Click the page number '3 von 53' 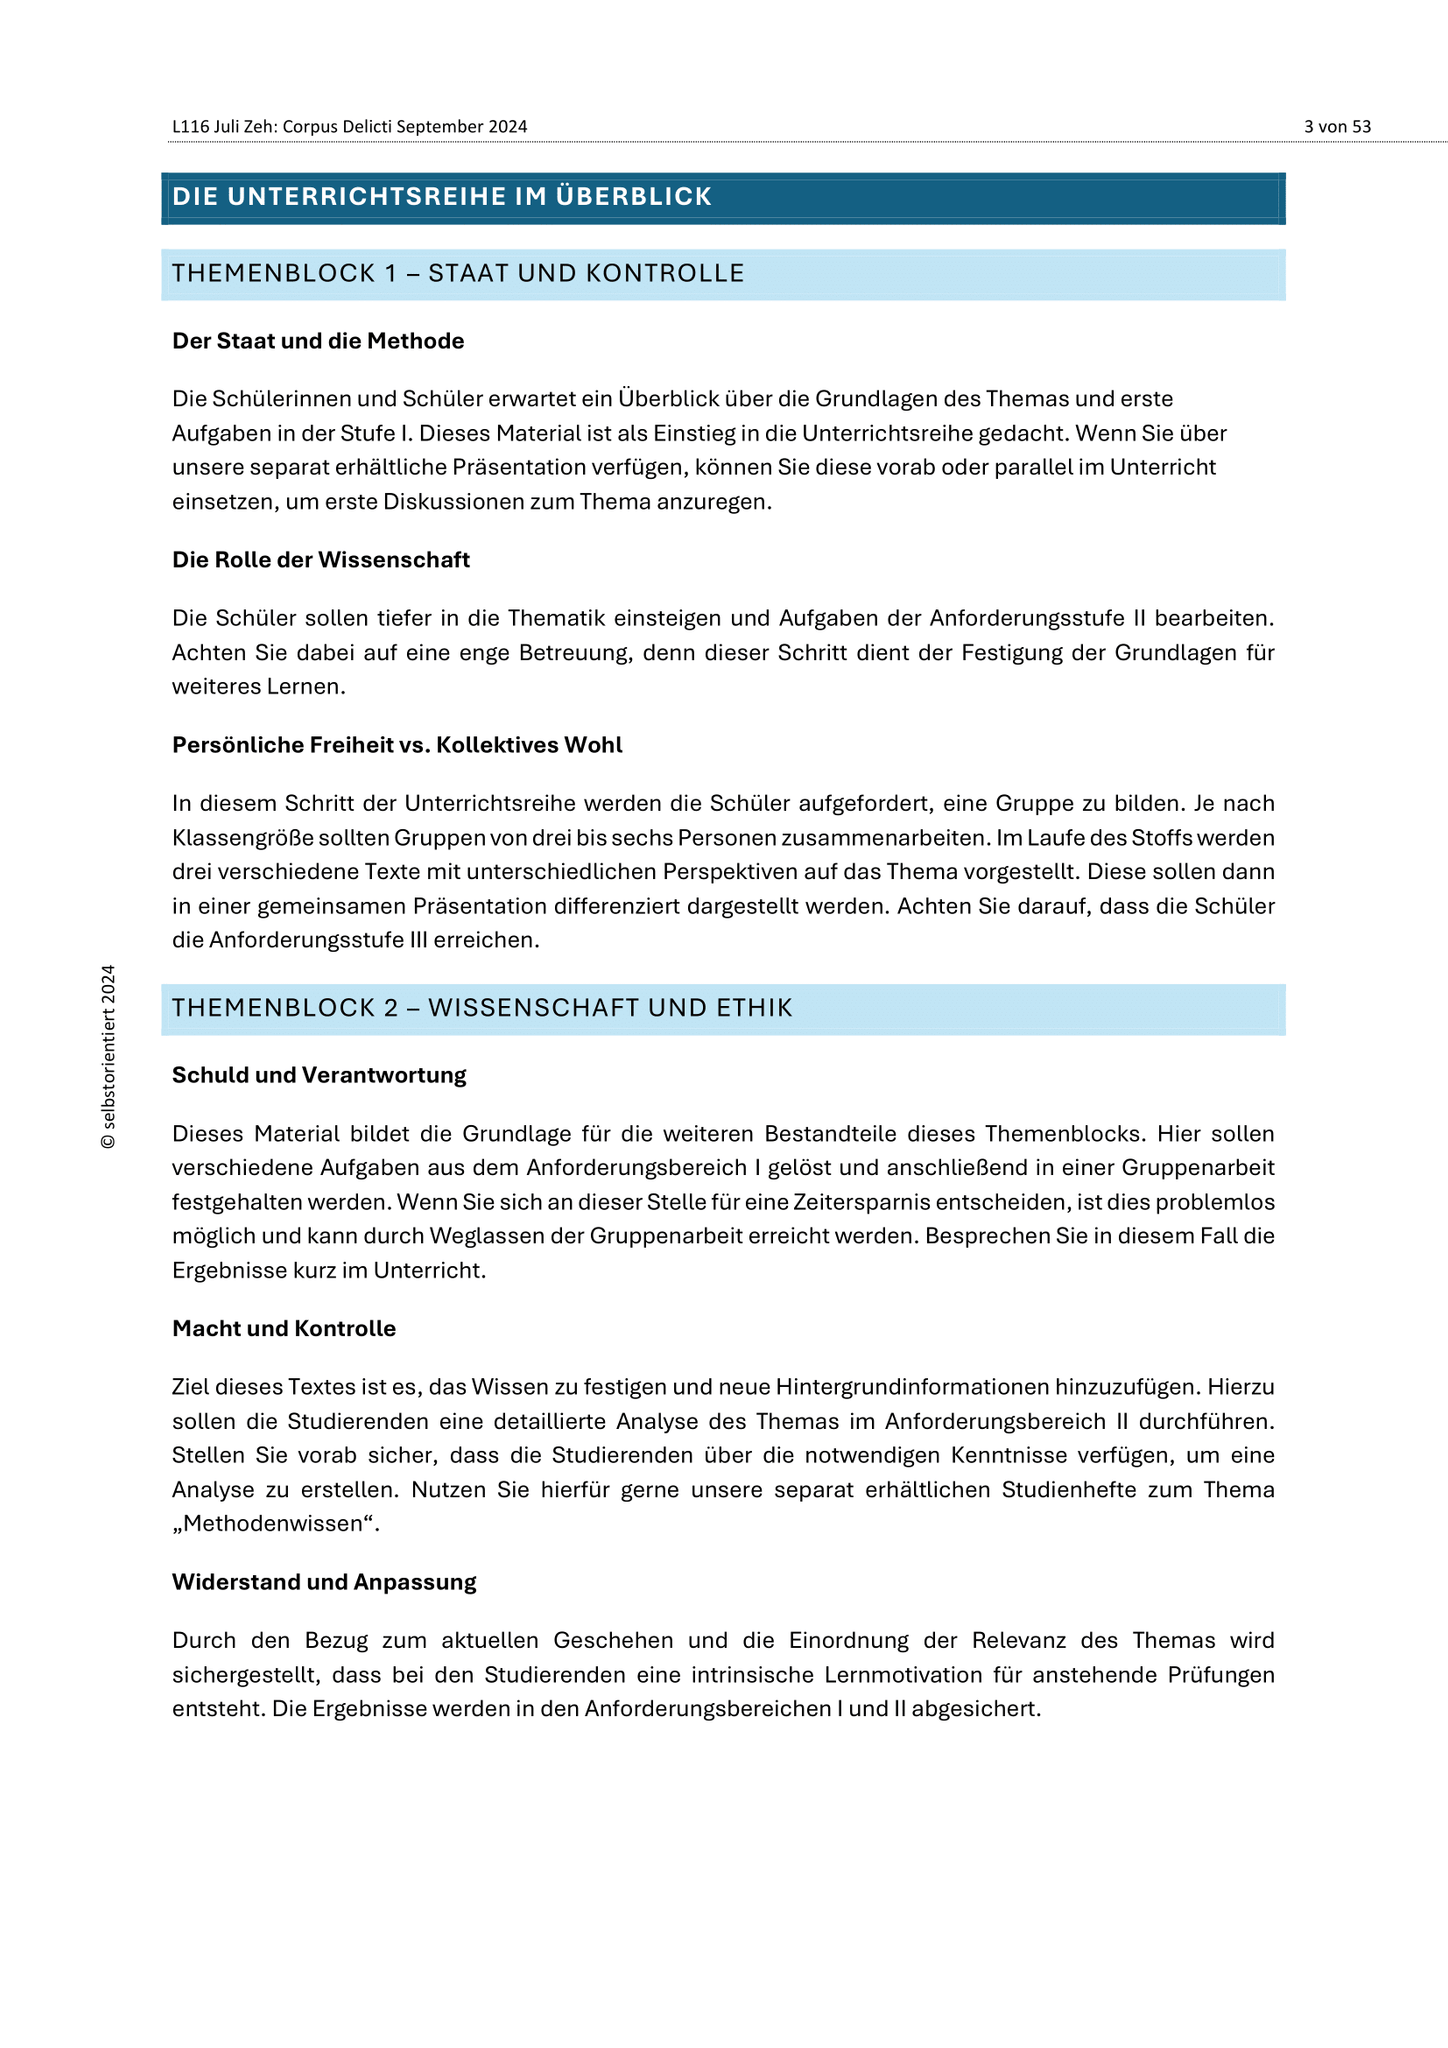point(1337,127)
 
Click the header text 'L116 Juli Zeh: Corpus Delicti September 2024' point(349,127)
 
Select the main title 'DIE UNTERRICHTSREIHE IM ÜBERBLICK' point(442,197)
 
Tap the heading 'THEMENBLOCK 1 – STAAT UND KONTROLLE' point(458,274)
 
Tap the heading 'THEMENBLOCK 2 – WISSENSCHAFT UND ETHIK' point(482,1008)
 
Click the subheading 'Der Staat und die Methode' point(318,341)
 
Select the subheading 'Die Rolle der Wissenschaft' point(321,560)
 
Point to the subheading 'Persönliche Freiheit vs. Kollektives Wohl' point(397,745)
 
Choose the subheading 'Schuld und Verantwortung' point(319,1075)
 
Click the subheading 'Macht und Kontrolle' point(284,1329)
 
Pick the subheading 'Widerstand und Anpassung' point(324,1582)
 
